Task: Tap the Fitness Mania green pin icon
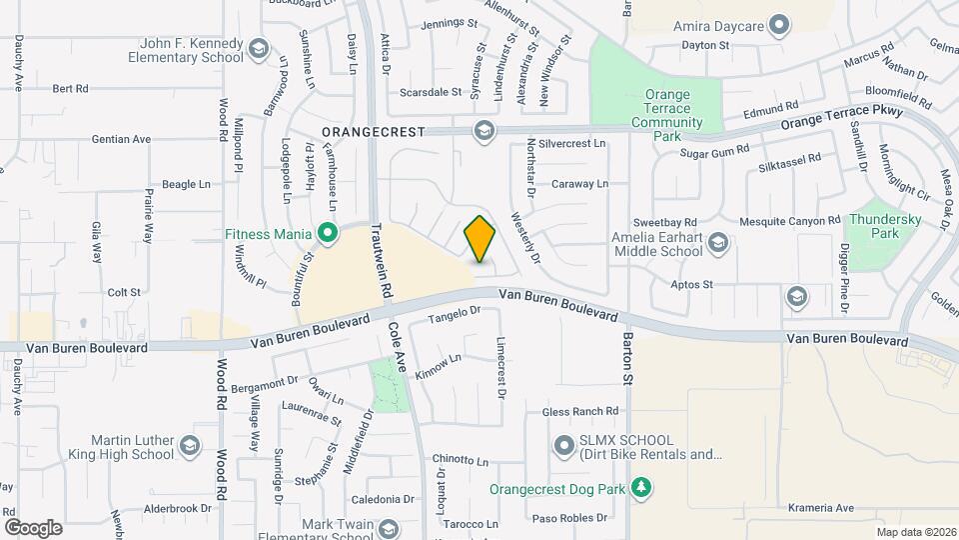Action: (327, 235)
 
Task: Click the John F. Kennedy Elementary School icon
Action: (259, 50)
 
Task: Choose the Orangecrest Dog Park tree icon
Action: (641, 489)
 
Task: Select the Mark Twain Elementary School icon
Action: (388, 529)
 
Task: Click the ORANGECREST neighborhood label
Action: (374, 131)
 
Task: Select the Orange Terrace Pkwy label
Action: (841, 118)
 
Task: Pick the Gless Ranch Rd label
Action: (580, 411)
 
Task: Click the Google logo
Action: (33, 527)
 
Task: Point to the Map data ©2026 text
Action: (915, 532)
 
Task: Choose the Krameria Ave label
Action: (820, 508)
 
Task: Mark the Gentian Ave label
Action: (121, 139)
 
